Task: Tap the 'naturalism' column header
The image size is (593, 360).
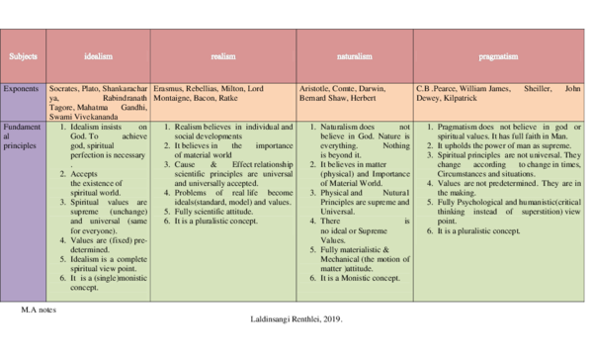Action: (354, 57)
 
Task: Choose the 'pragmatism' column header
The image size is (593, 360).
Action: (498, 57)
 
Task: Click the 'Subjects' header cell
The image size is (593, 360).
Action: (23, 57)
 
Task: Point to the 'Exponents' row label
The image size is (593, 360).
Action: (21, 89)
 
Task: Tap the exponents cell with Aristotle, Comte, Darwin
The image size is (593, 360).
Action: (354, 94)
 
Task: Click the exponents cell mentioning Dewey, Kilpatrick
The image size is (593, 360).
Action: (498, 94)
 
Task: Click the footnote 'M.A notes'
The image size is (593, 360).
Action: (38, 310)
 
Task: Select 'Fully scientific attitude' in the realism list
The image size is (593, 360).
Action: (217, 211)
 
